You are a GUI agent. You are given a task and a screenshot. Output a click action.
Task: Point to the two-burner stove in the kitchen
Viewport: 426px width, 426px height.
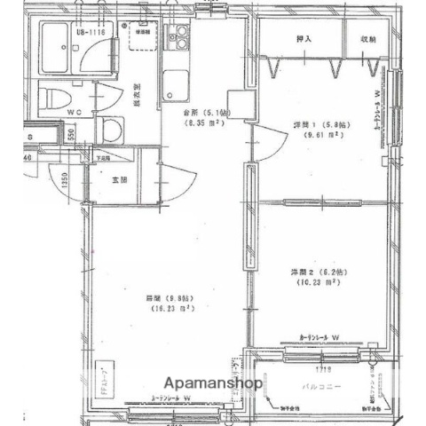[x=181, y=38]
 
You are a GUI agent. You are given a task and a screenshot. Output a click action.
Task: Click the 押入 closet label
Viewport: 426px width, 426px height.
[x=303, y=39]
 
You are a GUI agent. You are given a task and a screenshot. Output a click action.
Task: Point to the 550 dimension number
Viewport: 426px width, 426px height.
[x=71, y=132]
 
